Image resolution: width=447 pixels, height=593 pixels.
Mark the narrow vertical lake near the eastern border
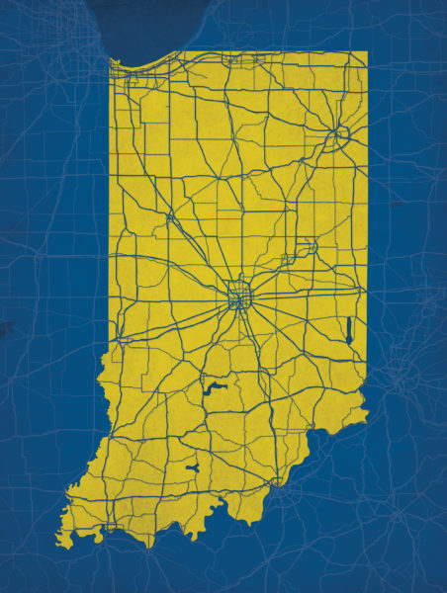tap(349, 329)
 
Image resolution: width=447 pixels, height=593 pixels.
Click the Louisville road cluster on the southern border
tap(286, 483)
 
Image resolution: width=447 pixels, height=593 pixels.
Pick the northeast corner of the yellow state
tap(367, 51)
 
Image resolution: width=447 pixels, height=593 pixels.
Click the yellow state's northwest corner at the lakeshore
tap(110, 61)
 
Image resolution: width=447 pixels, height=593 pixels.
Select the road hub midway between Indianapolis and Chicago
tap(170, 214)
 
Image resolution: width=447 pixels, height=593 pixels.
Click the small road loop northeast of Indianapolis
tap(287, 259)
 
